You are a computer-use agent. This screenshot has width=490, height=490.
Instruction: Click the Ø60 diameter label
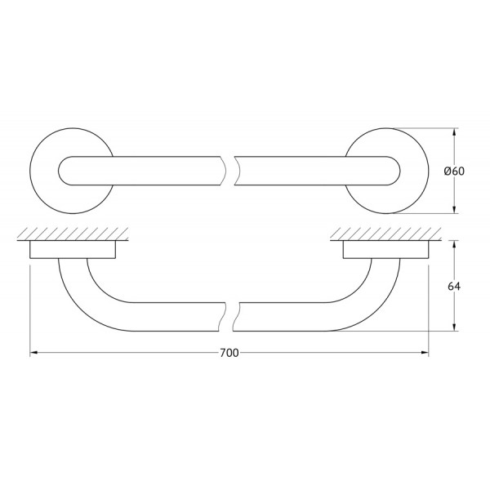pyautogui.click(x=454, y=171)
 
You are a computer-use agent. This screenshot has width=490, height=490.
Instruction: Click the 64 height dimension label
pyautogui.click(x=454, y=286)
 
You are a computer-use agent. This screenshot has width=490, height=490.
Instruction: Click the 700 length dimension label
pyautogui.click(x=229, y=353)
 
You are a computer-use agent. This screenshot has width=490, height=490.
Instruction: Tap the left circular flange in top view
pyautogui.click(x=44, y=171)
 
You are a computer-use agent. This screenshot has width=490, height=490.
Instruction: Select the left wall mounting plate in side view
pyautogui.click(x=73, y=249)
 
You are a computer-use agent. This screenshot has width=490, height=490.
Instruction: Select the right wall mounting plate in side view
pyautogui.click(x=386, y=249)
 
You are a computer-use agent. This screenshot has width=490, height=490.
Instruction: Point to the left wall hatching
pyautogui.click(x=73, y=234)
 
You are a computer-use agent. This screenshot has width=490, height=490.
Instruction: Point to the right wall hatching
pyautogui.click(x=386, y=234)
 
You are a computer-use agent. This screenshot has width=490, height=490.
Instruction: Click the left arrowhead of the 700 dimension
pyautogui.click(x=33, y=353)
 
